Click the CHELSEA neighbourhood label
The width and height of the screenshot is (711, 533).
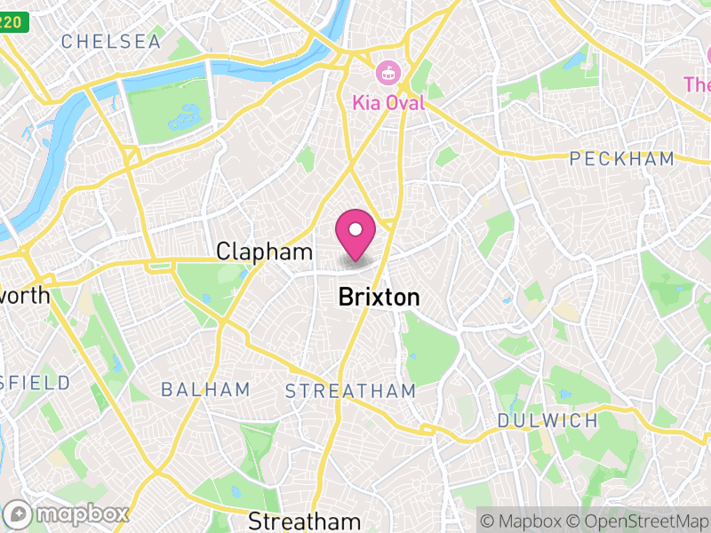pos(111,42)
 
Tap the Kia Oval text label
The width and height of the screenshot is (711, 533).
pos(388,103)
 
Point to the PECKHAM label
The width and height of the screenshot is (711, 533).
pos(621,159)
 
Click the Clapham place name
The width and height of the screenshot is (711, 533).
pos(265,253)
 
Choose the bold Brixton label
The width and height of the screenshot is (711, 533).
pos(379,298)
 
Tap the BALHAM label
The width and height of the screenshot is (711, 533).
pos(205,390)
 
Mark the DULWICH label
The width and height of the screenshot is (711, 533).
pos(547,420)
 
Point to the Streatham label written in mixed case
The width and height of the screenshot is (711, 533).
pos(305,521)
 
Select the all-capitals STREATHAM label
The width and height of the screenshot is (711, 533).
pos(350,391)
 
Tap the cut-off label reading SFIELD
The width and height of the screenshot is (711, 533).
pos(35,383)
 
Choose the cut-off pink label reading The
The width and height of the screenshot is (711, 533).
pos(698,84)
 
